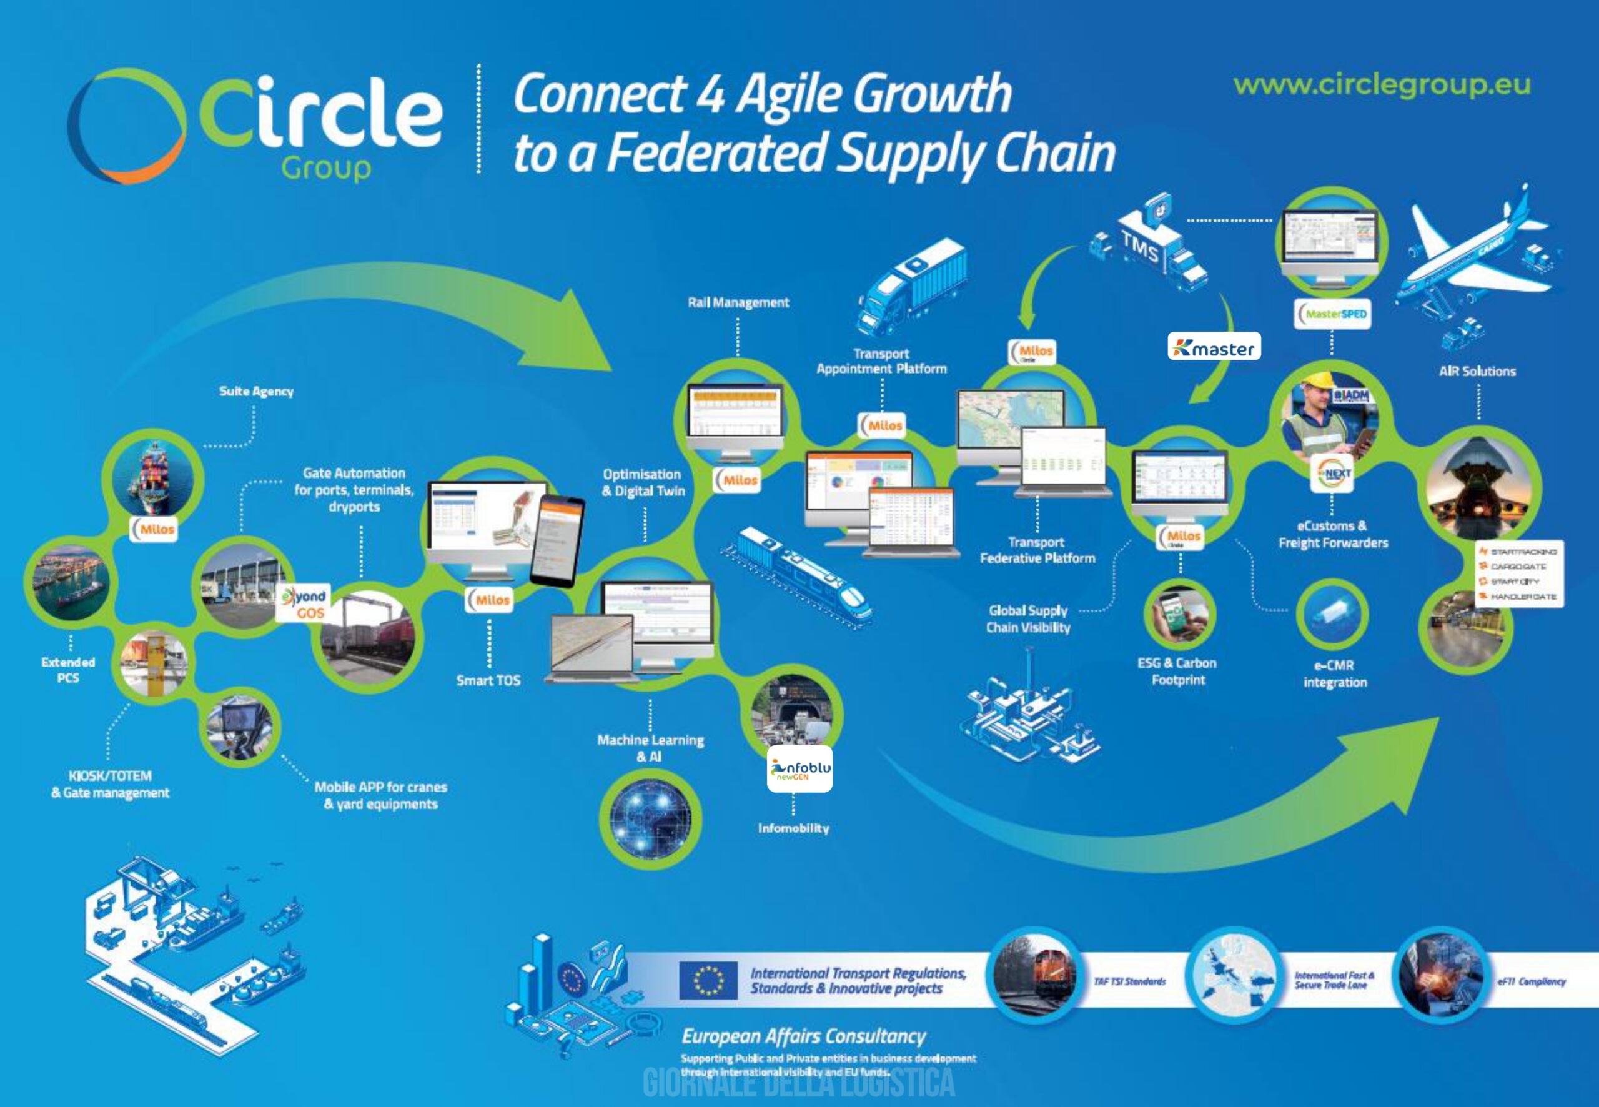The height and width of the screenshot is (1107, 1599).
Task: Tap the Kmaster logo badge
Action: pyautogui.click(x=1214, y=347)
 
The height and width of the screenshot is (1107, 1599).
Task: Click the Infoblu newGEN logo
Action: pyautogui.click(x=799, y=768)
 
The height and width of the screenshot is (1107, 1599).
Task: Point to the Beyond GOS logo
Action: pyautogui.click(x=304, y=603)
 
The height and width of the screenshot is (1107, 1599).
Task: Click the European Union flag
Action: pyautogui.click(x=707, y=980)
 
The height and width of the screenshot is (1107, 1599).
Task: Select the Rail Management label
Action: pyautogui.click(x=738, y=302)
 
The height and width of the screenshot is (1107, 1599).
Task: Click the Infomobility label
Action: pyautogui.click(x=793, y=828)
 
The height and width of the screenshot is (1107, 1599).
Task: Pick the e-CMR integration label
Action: pyautogui.click(x=1335, y=673)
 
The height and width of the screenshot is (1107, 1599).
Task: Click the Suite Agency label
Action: pyautogui.click(x=256, y=391)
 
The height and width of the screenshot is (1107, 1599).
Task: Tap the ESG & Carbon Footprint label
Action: pyautogui.click(x=1177, y=672)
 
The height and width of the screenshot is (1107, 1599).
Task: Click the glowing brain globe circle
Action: pyautogui.click(x=650, y=818)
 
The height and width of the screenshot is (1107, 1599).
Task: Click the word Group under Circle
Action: pyautogui.click(x=326, y=169)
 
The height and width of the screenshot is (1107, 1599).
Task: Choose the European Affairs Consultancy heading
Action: pyautogui.click(x=803, y=1036)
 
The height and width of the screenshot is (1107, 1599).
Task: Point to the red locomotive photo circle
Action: pyautogui.click(x=1034, y=974)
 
